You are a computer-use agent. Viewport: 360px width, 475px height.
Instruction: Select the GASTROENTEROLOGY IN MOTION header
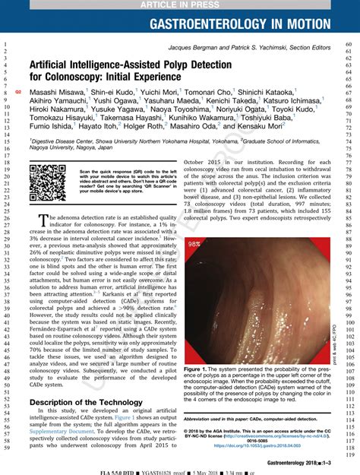point(251,25)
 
